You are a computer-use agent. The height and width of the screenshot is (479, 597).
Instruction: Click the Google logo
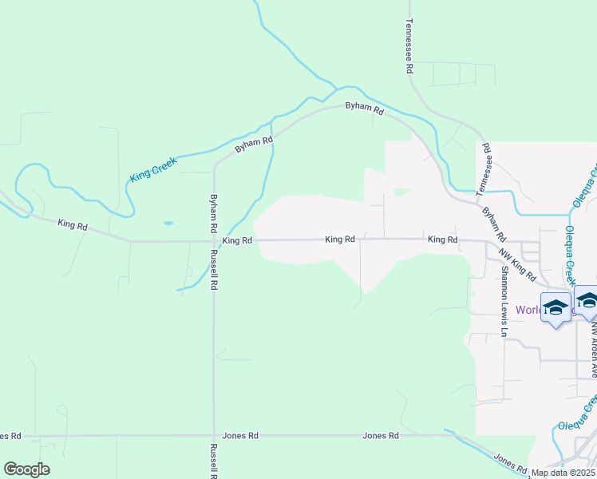[x=26, y=469]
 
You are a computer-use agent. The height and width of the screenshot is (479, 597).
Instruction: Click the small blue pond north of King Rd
[x=168, y=224]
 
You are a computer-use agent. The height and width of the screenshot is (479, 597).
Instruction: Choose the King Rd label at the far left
[x=72, y=226]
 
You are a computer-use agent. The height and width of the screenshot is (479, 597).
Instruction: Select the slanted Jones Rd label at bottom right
[x=512, y=464]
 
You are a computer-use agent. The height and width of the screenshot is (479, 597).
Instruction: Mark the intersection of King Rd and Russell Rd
[x=213, y=240]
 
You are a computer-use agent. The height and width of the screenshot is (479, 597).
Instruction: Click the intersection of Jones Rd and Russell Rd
[x=213, y=436]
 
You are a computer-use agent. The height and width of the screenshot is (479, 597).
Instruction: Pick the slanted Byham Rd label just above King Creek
[x=254, y=144]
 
